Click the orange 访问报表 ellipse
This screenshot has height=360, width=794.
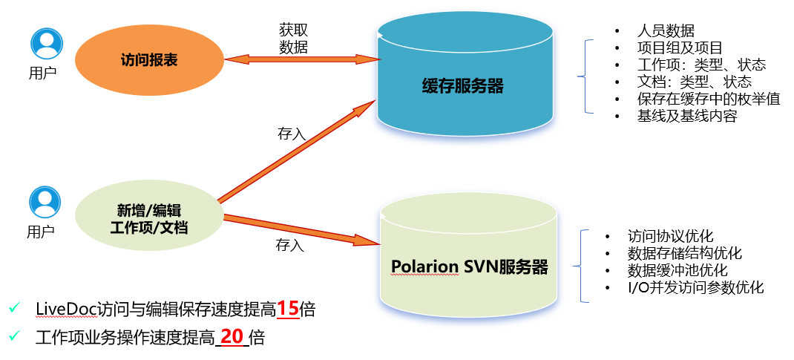coord(149,60)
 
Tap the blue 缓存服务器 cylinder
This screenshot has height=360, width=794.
coord(465,87)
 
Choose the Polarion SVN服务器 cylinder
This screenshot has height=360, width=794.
coord(469,266)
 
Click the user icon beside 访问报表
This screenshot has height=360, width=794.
coord(46,43)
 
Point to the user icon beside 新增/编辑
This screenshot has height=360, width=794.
coord(45,201)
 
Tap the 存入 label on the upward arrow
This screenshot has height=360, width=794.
coord(291,134)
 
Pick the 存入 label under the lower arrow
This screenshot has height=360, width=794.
coord(290,244)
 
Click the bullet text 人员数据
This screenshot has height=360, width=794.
coord(666,31)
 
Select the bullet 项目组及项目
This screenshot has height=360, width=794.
coord(680,48)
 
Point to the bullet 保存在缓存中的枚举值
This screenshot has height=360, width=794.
coord(708,99)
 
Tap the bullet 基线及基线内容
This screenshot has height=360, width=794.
coord(686,117)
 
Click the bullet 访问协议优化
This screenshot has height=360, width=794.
coord(670,236)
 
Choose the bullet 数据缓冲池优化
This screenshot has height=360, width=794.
coord(677,270)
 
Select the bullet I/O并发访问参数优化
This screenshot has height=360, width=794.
coord(695,287)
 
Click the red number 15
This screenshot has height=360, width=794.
coord(287,309)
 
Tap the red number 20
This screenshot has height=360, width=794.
coord(232,337)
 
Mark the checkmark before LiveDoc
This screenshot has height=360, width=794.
coord(14,308)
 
